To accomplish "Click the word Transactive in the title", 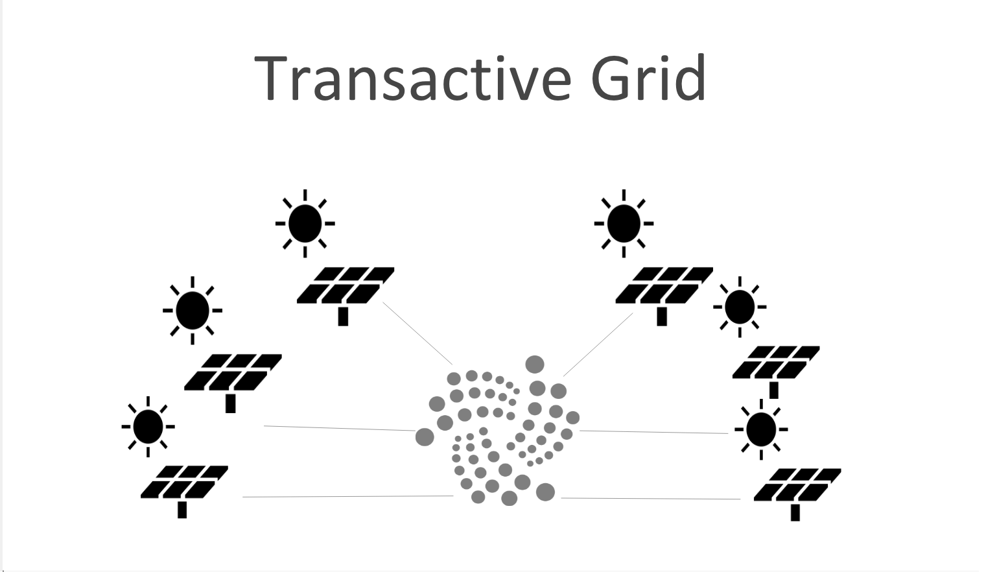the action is pos(412,78).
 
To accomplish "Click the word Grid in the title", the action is pos(648,78).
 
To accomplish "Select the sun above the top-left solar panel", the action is pos(305,223).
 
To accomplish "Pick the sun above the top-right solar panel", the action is pos(624,223).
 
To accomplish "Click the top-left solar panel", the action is pos(346,285).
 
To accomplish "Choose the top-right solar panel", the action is pos(664,285).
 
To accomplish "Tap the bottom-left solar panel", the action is pos(184,482).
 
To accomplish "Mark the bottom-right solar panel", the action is pos(797,485).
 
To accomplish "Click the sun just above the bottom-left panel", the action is pos(148,427).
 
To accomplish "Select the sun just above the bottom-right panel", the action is pos(761,429).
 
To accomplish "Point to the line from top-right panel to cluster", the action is pos(598,345).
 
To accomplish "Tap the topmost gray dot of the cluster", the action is pos(535,365).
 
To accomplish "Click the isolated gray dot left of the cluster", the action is pos(425,437).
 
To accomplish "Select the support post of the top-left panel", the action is pos(343,317).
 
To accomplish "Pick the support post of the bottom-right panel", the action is pos(795,512).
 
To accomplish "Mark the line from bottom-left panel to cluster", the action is pos(347,497).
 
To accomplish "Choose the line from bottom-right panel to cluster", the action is pos(650,499).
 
